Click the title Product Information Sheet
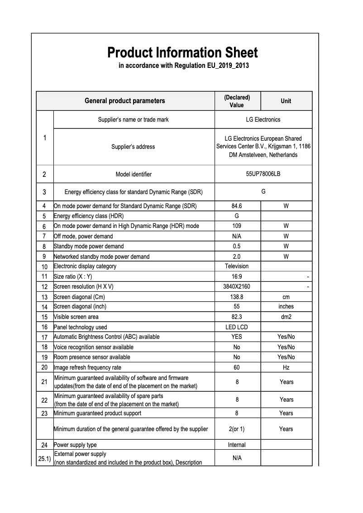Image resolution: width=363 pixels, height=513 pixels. click(x=182, y=52)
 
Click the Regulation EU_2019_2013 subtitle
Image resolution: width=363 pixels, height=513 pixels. click(x=183, y=66)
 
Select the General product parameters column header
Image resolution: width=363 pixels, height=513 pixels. click(x=125, y=101)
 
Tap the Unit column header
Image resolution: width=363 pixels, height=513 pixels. click(x=286, y=101)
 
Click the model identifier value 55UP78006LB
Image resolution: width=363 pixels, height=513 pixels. click(x=263, y=174)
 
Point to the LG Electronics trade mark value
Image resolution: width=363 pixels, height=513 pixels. click(x=263, y=119)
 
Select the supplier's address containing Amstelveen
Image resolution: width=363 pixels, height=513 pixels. click(x=263, y=147)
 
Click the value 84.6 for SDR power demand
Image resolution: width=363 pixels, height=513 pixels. click(x=237, y=206)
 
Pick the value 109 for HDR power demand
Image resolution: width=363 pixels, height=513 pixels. click(x=237, y=226)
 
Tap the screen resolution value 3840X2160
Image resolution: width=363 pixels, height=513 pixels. click(x=237, y=287)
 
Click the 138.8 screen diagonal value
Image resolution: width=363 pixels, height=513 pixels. click(x=237, y=297)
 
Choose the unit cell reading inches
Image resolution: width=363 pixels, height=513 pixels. click(x=286, y=307)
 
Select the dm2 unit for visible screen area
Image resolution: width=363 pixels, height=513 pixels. click(x=286, y=317)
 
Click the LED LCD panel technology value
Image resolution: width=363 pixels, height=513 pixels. click(x=237, y=327)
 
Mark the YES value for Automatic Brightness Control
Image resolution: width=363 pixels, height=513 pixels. click(x=237, y=337)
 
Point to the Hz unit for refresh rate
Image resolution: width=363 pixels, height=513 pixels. click(x=286, y=367)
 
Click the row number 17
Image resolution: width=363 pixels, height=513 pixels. click(x=44, y=337)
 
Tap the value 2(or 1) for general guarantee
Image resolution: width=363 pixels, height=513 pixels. click(x=237, y=429)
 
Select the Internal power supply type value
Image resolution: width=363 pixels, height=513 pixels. click(x=237, y=445)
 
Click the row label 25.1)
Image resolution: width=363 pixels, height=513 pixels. click(x=44, y=458)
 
